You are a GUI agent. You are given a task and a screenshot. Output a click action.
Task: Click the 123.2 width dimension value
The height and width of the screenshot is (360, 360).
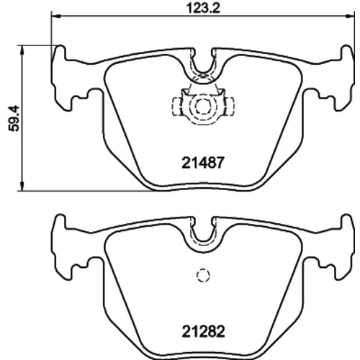[203, 9]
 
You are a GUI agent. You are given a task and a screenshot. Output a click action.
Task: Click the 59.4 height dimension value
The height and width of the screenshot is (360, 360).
[14, 118]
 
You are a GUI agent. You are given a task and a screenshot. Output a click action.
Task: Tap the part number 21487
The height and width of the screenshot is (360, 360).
[203, 163]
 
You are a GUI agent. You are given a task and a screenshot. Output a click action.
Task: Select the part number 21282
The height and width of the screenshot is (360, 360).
[203, 331]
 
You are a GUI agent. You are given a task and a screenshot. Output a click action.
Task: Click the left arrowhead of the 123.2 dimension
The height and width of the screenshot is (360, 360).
[55, 16]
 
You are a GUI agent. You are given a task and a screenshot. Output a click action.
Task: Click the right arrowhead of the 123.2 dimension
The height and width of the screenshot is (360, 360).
[350, 16]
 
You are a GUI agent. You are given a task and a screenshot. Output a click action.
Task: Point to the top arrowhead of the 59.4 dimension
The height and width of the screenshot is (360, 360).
[22, 50]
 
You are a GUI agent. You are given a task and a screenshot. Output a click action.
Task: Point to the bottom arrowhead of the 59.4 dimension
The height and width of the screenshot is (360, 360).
[22, 186]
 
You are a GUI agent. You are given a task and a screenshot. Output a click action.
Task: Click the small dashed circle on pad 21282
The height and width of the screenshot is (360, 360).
[203, 275]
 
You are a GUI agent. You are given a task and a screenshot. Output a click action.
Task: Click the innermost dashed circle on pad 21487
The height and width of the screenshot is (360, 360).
[203, 106]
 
